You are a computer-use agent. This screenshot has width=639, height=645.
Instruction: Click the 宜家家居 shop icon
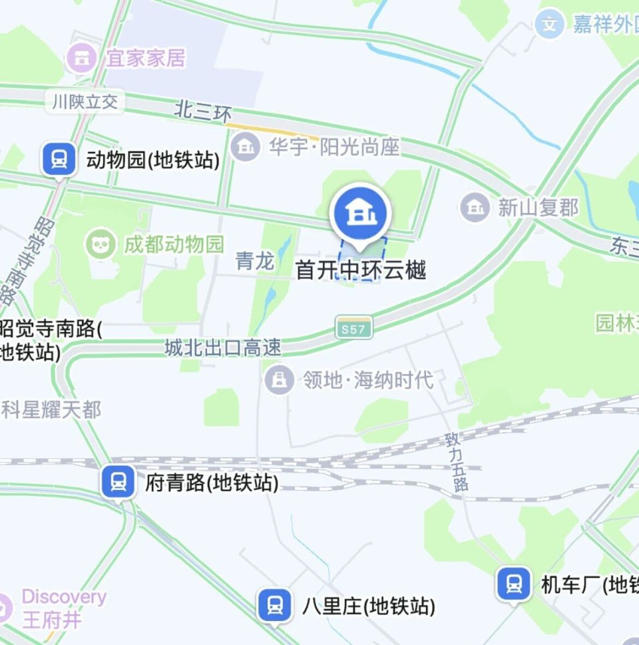81,59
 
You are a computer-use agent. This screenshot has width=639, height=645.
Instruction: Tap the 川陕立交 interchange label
85,102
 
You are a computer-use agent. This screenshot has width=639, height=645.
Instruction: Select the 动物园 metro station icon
59,159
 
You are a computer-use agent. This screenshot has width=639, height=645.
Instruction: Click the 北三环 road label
203,111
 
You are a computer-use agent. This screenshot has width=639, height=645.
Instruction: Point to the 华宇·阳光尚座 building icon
246,146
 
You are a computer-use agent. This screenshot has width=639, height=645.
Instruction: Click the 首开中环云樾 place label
360,270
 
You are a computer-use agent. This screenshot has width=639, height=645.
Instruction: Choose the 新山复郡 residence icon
475,208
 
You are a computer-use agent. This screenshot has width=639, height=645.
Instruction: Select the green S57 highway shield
353,327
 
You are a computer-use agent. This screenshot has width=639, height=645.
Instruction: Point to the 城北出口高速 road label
223,347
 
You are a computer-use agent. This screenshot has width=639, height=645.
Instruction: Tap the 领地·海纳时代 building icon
280,380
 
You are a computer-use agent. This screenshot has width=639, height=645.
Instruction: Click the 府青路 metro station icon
118,481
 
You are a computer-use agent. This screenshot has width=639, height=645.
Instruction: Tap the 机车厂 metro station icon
513,584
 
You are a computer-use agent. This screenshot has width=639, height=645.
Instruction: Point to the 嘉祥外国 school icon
549,25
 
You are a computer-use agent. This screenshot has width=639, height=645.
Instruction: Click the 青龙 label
255,261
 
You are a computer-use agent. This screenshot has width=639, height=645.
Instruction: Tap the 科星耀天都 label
51,409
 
